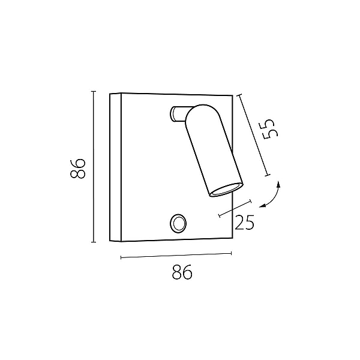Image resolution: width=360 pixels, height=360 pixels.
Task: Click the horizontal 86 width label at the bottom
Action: point(182,272)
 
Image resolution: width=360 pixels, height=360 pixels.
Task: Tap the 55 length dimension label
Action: point(271,129)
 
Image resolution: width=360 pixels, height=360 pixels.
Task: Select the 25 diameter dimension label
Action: point(244,222)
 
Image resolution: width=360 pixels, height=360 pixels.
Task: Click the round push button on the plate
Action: point(178,223)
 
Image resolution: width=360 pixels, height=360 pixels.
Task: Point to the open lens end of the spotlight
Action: point(226,190)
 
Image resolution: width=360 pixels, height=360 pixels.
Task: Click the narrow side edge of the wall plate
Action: point(115,167)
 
